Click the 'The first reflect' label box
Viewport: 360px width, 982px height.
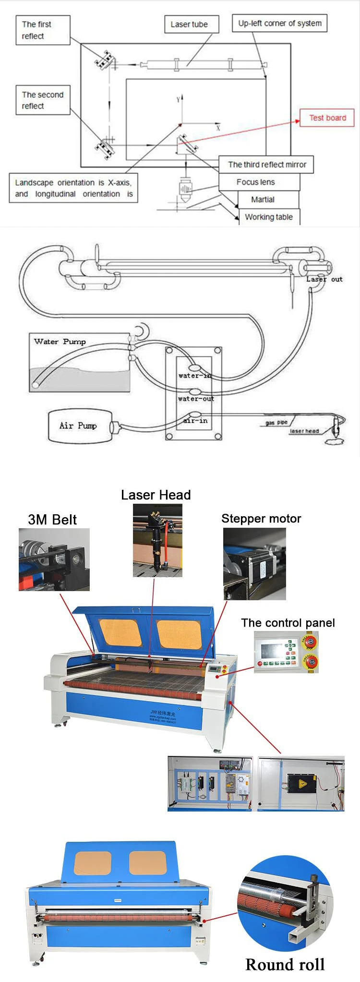(x=43, y=30)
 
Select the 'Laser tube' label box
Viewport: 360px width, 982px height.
(x=189, y=24)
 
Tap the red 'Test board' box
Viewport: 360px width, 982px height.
(x=327, y=118)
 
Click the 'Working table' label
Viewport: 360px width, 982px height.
(x=268, y=217)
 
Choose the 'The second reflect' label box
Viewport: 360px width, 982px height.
(x=43, y=100)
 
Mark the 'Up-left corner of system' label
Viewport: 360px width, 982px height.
(x=280, y=23)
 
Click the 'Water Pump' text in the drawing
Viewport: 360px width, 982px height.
(x=60, y=342)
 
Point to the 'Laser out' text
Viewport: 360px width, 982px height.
(x=324, y=279)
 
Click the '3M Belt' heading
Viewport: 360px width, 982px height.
(x=52, y=520)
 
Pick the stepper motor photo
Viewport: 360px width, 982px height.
(x=254, y=564)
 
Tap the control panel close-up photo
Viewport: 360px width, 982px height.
(x=286, y=652)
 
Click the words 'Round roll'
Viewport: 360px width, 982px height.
(x=285, y=964)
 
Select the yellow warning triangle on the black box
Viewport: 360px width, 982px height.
(x=302, y=784)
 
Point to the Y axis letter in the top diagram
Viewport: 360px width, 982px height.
(x=178, y=99)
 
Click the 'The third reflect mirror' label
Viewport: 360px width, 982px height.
(x=266, y=165)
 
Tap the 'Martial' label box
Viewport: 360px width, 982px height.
(x=263, y=199)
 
